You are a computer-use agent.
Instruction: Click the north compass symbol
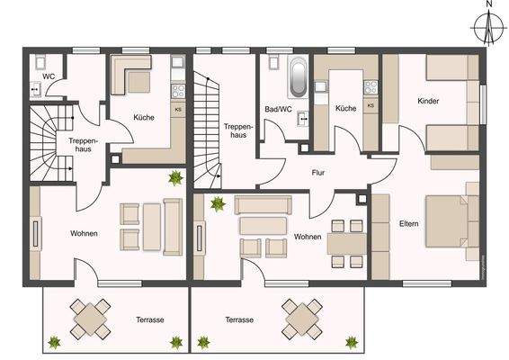tap(487, 30)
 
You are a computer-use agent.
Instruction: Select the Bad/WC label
tap(280, 109)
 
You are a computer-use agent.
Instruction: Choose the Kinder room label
tap(428, 102)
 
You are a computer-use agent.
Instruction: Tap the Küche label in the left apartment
tap(144, 117)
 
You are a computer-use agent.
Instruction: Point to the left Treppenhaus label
tap(82, 147)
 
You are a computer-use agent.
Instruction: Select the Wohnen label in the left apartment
tap(84, 233)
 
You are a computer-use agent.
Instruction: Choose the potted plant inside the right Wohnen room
tap(217, 203)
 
